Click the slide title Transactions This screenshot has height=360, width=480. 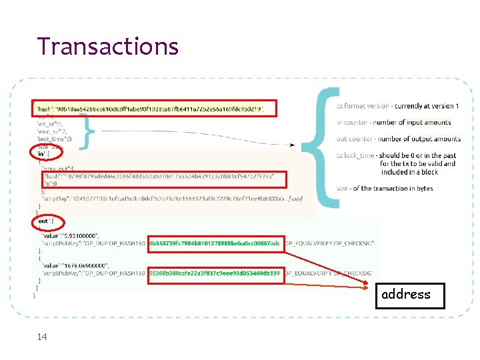[108, 46]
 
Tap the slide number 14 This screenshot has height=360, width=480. [42, 337]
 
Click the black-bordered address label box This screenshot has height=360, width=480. [405, 294]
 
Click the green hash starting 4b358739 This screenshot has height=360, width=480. [214, 243]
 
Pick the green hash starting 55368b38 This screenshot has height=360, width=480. [214, 273]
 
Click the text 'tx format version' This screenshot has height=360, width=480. [363, 106]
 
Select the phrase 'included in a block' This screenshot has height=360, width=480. [409, 171]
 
